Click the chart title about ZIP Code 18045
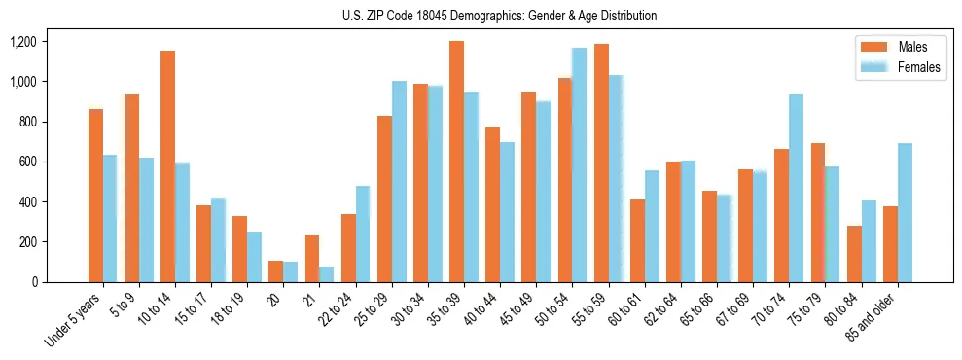(499, 16)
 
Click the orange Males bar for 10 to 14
(167, 166)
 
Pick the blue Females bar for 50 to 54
(580, 165)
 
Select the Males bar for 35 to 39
(456, 162)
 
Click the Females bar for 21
(327, 274)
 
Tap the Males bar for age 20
(275, 271)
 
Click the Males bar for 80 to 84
(854, 254)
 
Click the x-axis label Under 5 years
(73, 320)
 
